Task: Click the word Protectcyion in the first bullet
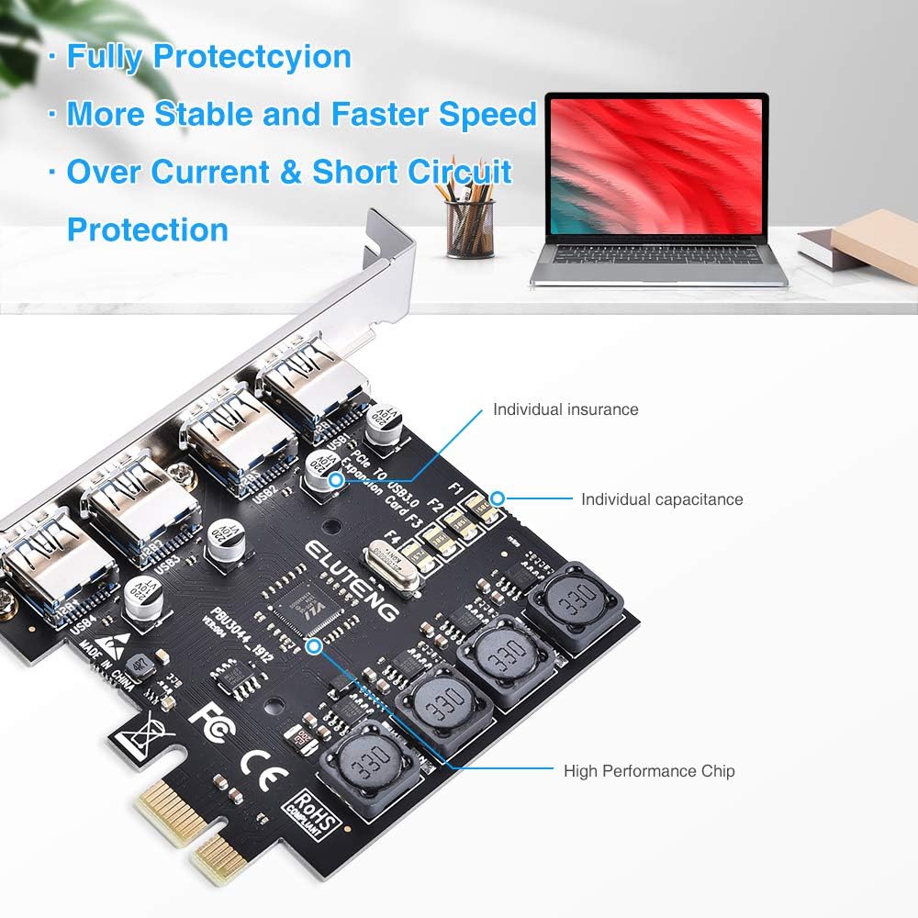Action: point(252,57)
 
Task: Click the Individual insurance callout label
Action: point(565,409)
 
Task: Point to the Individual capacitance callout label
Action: point(662,499)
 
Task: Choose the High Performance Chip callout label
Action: point(649,771)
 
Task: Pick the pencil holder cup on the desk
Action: point(469,229)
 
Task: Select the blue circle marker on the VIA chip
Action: point(315,646)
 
